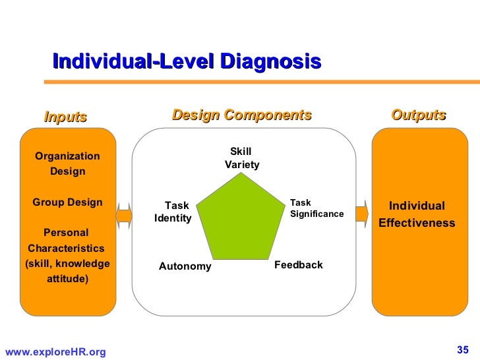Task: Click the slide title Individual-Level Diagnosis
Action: (x=187, y=62)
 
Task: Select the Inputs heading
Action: (x=65, y=117)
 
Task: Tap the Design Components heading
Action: (x=241, y=115)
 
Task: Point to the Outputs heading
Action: (x=419, y=115)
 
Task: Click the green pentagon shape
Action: (x=241, y=220)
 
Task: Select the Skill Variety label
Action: (x=241, y=158)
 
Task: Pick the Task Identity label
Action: (x=173, y=212)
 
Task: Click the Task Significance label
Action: (x=316, y=208)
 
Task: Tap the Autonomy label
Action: (x=185, y=266)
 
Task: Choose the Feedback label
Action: (x=298, y=265)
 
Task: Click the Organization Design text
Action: (x=67, y=164)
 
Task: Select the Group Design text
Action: (x=67, y=202)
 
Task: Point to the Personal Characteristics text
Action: (x=66, y=241)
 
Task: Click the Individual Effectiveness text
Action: (x=417, y=214)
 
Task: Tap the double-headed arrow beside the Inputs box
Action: (x=123, y=214)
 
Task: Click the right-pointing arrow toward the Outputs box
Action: (x=361, y=214)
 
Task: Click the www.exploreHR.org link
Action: (x=55, y=353)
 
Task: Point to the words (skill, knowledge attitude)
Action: (x=67, y=272)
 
